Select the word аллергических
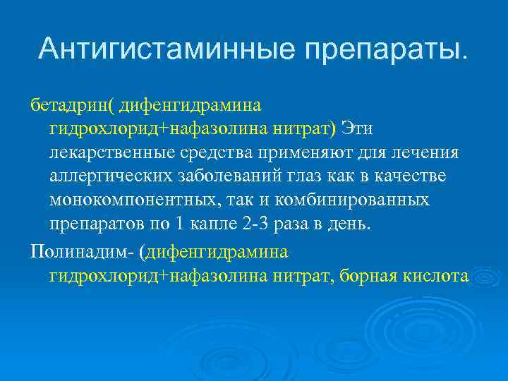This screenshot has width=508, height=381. [x=107, y=176]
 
